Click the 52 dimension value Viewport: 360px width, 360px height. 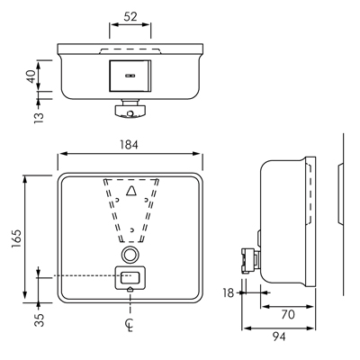pyautogui.click(x=130, y=16)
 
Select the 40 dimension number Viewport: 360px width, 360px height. pyautogui.click(x=31, y=76)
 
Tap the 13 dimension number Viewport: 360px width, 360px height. pyautogui.click(x=39, y=118)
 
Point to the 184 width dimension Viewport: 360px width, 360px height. pyautogui.click(x=129, y=145)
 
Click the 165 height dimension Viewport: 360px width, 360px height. pyautogui.click(x=16, y=239)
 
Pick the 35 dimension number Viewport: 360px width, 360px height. pyautogui.click(x=39, y=319)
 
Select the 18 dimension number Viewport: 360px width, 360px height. pyautogui.click(x=229, y=292)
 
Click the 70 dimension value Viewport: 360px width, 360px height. pyautogui.click(x=288, y=315)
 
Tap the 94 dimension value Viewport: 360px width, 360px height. pyautogui.click(x=279, y=337)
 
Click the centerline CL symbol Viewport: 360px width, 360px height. pyautogui.click(x=130, y=325)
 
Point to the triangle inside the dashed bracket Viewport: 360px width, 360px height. pyautogui.click(x=131, y=191)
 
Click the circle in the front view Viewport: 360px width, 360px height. pyautogui.click(x=130, y=255)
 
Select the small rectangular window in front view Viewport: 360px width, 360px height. pyautogui.click(x=130, y=278)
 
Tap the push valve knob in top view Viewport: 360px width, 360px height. pyautogui.click(x=130, y=111)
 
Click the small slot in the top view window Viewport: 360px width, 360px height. pyautogui.click(x=130, y=76)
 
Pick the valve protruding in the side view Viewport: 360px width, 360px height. pyautogui.click(x=249, y=259)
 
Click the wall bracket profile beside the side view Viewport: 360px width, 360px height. pyautogui.click(x=341, y=193)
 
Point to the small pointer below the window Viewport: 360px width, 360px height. pyautogui.click(x=130, y=289)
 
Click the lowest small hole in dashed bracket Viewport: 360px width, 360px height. pyautogui.click(x=131, y=229)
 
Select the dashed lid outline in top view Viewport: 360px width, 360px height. pyautogui.click(x=130, y=50)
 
